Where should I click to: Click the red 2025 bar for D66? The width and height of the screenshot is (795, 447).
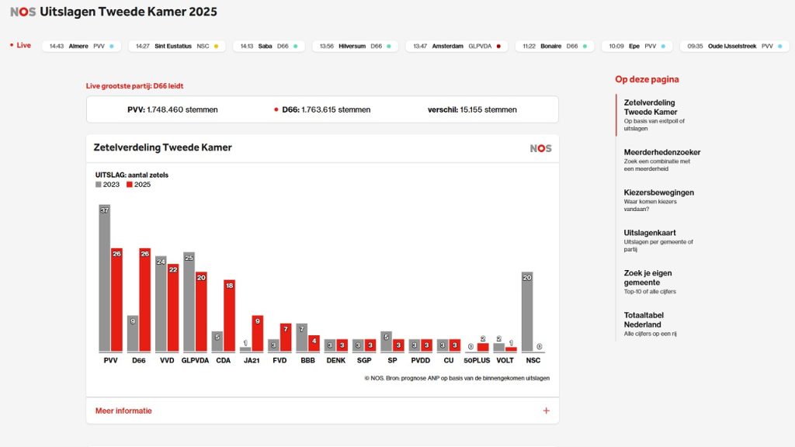[x=145, y=300]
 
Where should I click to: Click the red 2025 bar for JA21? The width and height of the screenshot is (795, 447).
[x=258, y=333]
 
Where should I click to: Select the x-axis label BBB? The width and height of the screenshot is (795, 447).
[x=307, y=360]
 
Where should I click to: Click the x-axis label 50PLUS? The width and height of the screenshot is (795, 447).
[x=477, y=360]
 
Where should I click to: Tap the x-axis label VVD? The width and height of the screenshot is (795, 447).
[x=167, y=360]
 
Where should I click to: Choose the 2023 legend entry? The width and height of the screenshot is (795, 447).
[x=108, y=185]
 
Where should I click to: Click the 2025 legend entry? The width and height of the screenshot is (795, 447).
[x=137, y=185]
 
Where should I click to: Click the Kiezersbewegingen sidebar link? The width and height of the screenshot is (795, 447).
[x=658, y=192]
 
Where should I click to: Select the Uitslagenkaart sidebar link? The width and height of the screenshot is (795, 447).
[x=650, y=233]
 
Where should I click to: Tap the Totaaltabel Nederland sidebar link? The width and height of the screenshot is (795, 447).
[x=643, y=320]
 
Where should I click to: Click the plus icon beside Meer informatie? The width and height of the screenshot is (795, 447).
[x=546, y=411]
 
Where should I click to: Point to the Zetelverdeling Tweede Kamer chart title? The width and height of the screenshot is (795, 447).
[x=162, y=147]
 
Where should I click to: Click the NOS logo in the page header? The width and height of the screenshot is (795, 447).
[x=23, y=12]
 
